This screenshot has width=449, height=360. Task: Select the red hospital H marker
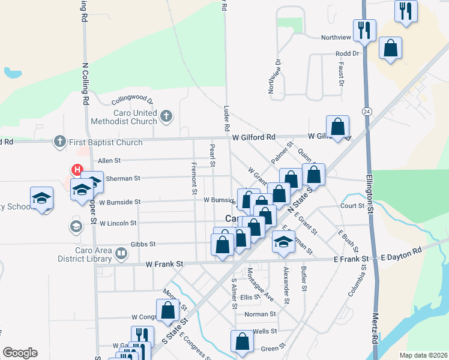pyautogui.click(x=77, y=170)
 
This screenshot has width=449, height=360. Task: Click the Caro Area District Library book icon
pyautogui.click(x=121, y=254)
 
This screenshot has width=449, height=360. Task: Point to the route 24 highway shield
pyautogui.click(x=366, y=112)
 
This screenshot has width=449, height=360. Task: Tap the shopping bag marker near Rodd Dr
pyautogui.click(x=390, y=49)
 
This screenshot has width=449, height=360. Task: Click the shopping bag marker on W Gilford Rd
pyautogui.click(x=338, y=127)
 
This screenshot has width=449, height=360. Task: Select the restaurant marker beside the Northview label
pyautogui.click(x=364, y=29)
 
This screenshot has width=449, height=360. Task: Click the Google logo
pyautogui.click(x=20, y=352)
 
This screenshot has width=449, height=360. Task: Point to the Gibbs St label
pyautogui.click(x=143, y=244)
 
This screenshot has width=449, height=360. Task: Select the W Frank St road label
pyautogui.click(x=164, y=264)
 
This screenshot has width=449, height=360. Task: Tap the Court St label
pyautogui.click(x=352, y=206)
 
